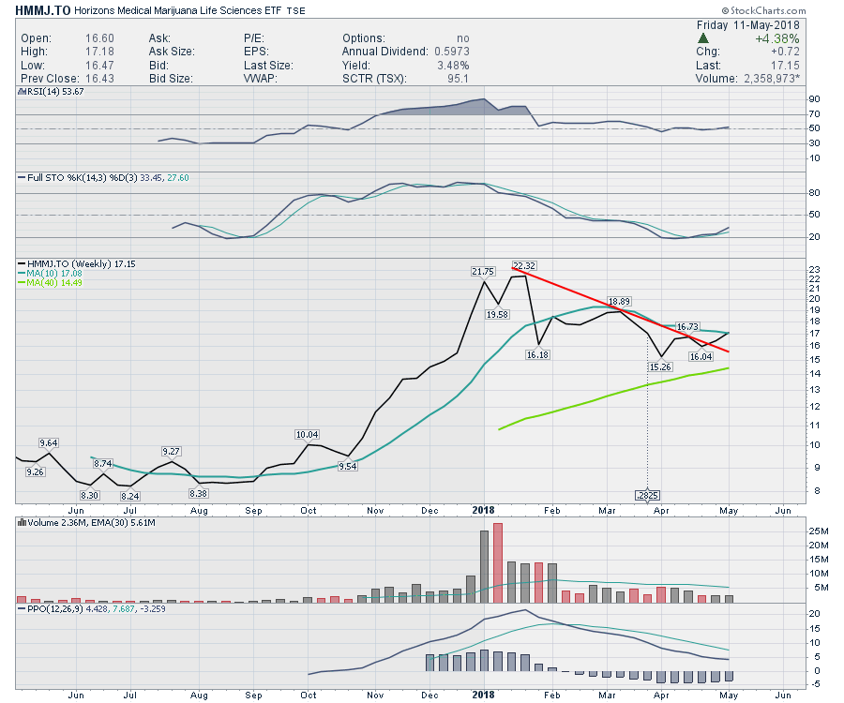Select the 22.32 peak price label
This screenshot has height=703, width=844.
point(523,265)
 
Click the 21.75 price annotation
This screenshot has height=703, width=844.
point(482,271)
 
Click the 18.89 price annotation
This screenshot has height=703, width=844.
point(618,302)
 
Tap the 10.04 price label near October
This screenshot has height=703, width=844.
point(308,434)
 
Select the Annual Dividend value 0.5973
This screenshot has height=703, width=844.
point(450,51)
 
